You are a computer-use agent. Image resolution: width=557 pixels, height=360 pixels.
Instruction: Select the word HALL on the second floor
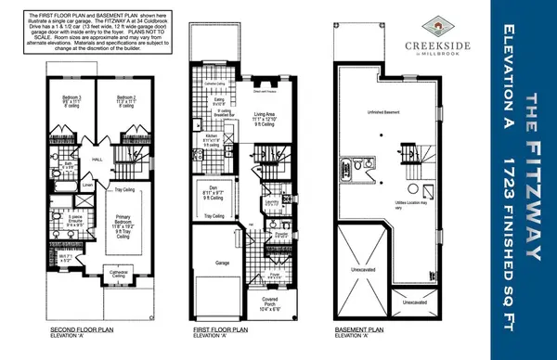(x=97, y=159)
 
